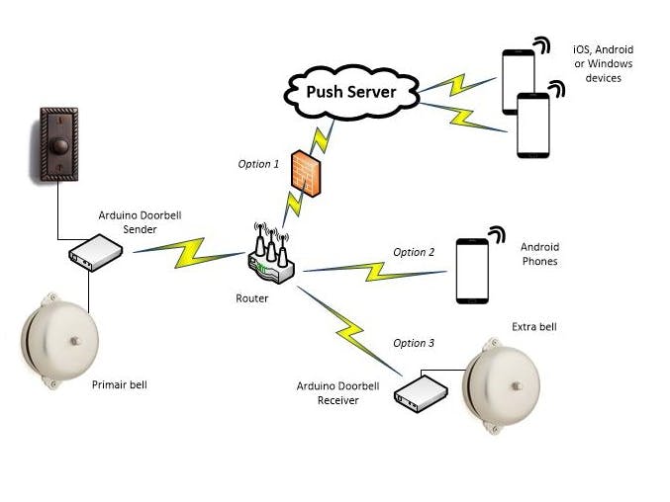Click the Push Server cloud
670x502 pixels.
pos(350,93)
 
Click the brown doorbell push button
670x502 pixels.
pos(56,145)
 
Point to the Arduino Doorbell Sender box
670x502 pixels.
pos(95,253)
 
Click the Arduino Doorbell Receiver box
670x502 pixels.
pos(420,392)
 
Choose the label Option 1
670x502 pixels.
pos(258,163)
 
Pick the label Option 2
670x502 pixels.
pos(414,252)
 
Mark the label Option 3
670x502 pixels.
pos(414,343)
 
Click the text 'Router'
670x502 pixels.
pos(252,297)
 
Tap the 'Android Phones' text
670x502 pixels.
pos(539,254)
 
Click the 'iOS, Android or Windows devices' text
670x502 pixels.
pos(603,63)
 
